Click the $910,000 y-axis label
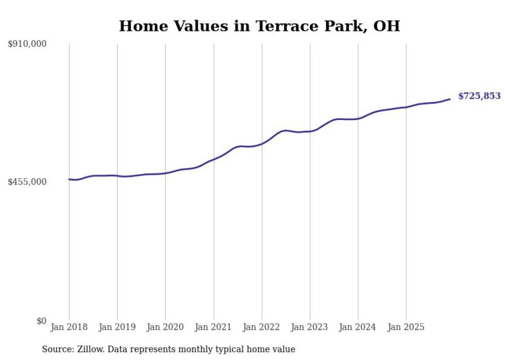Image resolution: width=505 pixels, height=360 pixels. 27,44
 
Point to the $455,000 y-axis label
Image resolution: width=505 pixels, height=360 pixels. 27,182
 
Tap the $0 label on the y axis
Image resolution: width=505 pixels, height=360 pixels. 41,321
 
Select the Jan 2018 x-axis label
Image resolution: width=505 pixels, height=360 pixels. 69,327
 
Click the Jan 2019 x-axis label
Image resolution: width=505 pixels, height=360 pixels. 117,327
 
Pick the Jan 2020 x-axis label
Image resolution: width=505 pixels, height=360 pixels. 165,327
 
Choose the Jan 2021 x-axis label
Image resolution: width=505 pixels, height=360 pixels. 213,327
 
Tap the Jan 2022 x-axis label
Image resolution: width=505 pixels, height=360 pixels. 262,327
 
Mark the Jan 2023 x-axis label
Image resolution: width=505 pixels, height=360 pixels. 310,327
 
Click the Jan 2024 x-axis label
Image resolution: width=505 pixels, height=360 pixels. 358,327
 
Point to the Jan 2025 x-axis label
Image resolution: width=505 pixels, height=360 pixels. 406,327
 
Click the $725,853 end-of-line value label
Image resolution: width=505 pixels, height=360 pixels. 479,96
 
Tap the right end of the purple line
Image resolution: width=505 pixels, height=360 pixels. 450,99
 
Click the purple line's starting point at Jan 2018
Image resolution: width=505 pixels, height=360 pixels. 69,179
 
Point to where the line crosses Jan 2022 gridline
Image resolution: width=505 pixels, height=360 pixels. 262,143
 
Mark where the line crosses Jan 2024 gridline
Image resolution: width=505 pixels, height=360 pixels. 358,118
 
